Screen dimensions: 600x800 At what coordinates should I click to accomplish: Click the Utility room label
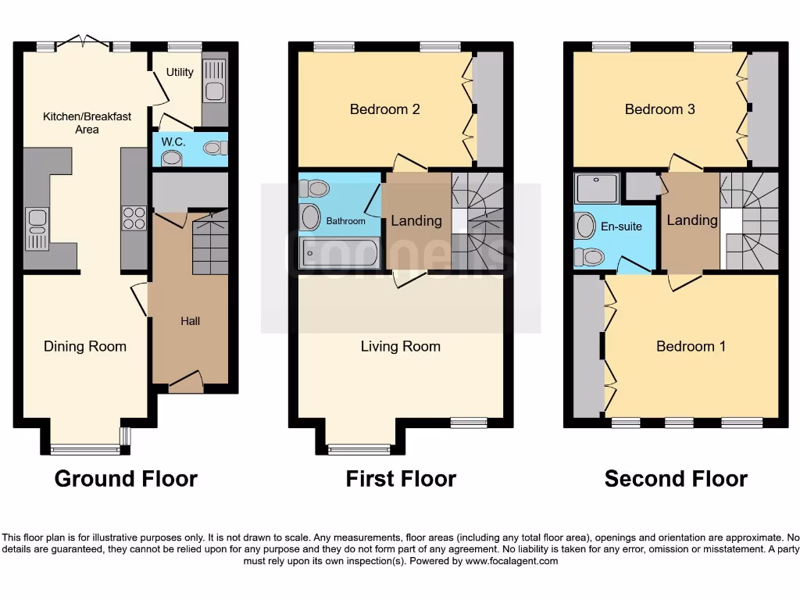[180, 73]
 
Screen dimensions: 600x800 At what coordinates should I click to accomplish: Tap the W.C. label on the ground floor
[173, 142]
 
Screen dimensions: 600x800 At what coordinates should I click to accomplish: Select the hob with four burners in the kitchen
[134, 217]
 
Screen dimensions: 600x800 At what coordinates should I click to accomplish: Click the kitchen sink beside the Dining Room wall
[37, 229]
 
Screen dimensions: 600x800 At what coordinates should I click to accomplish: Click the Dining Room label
[85, 346]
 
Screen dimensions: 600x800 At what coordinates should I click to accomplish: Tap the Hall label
[191, 320]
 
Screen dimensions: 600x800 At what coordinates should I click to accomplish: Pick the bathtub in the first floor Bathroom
[340, 252]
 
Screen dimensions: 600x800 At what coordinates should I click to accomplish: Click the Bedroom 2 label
[384, 109]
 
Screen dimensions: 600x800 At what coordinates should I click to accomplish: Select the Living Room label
[401, 346]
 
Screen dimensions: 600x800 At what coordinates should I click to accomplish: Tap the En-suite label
[621, 227]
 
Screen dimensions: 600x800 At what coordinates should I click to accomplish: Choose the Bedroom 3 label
[659, 109]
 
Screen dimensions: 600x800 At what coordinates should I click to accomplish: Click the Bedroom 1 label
[691, 346]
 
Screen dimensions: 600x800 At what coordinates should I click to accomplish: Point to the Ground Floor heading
[126, 478]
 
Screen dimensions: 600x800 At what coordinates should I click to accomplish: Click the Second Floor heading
[676, 478]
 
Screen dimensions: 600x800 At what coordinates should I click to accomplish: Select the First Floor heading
[401, 478]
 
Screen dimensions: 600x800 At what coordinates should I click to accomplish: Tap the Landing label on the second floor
[692, 220]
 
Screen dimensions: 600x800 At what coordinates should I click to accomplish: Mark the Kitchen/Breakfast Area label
[87, 123]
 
